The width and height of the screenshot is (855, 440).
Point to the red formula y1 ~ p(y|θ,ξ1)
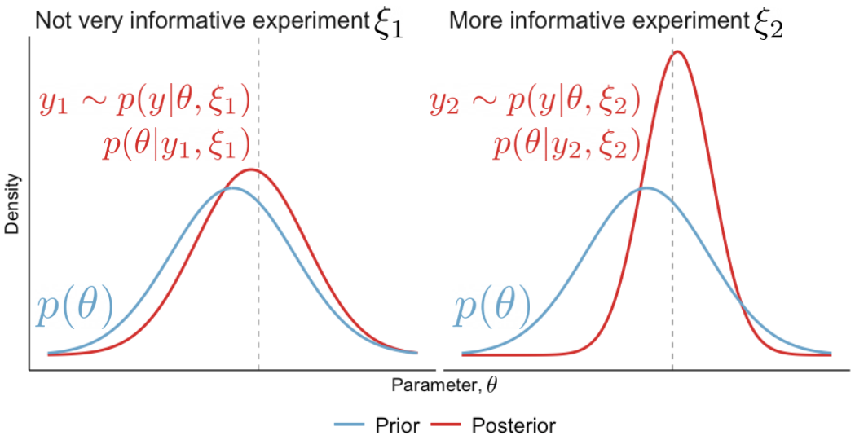(x=143, y=103)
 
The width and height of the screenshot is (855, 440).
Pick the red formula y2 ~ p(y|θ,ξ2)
(x=535, y=103)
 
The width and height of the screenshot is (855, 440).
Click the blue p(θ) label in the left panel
(x=73, y=310)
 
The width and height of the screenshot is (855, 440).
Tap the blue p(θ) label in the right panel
(x=491, y=310)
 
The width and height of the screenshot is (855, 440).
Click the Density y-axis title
(x=12, y=203)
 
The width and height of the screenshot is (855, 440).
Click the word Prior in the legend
(x=397, y=425)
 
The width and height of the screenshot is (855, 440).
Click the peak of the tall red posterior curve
(x=677, y=52)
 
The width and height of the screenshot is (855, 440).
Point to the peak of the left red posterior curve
(x=253, y=169)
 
